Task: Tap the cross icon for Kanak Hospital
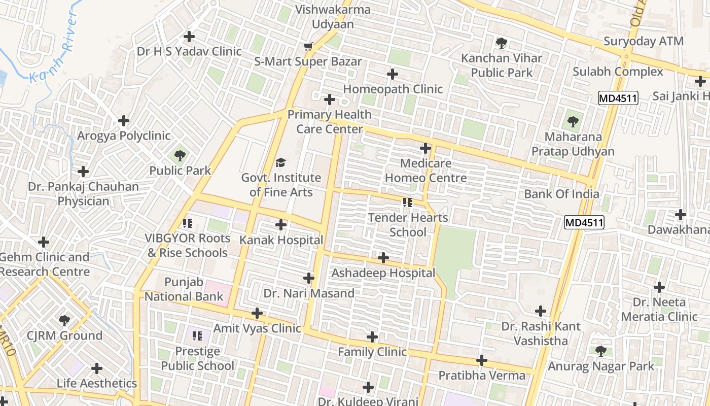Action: pyautogui.click(x=281, y=225)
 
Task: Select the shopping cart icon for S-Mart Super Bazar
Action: pyautogui.click(x=308, y=47)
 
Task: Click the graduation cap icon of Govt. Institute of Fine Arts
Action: pyautogui.click(x=280, y=163)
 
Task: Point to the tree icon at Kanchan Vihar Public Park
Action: pyautogui.click(x=502, y=43)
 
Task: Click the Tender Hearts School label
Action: pyautogui.click(x=408, y=225)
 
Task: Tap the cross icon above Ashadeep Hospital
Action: pyautogui.click(x=383, y=258)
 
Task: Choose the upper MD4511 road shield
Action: pyautogui.click(x=617, y=98)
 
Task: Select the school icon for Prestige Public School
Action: pyautogui.click(x=197, y=335)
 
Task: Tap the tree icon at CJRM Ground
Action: pyautogui.click(x=64, y=320)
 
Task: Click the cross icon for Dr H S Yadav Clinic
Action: pyautogui.click(x=189, y=37)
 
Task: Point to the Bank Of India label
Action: pyautogui.click(x=561, y=194)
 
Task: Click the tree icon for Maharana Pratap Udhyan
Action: pyautogui.click(x=573, y=122)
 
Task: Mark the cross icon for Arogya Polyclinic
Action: pyautogui.click(x=124, y=121)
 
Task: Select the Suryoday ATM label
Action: pyautogui.click(x=643, y=42)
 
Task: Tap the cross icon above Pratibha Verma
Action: pyautogui.click(x=482, y=360)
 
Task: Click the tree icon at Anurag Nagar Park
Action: pyautogui.click(x=601, y=351)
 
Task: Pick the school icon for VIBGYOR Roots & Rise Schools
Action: pyautogui.click(x=188, y=223)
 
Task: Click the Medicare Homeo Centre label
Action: pyautogui.click(x=426, y=171)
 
